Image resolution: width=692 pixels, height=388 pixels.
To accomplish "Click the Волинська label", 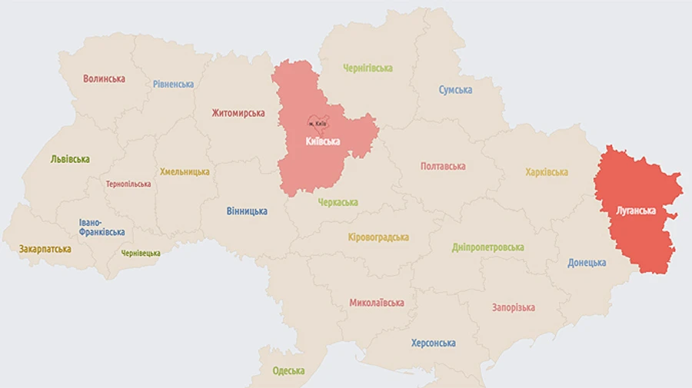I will pos(104,79).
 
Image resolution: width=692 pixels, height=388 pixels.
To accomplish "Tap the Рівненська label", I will pos(173,85).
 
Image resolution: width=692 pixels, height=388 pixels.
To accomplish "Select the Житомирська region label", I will pos(238,114).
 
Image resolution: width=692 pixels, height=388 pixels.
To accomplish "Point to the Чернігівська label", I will pos(368,68).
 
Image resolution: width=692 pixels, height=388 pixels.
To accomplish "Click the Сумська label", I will pos(455,91).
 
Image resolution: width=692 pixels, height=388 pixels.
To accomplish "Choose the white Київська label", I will pos(322,141).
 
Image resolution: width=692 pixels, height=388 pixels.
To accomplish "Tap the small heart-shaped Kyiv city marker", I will pos(318,123).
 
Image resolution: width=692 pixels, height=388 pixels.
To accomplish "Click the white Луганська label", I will pos(635,210).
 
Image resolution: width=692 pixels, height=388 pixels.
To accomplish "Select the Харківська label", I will pos(547,173).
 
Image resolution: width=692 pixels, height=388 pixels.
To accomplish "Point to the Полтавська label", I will pos(443,167).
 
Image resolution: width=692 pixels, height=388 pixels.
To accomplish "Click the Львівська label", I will pos(70,160).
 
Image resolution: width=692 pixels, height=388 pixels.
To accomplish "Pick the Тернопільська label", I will pos(128,184).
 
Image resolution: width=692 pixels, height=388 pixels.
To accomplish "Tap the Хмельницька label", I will pos(185,172).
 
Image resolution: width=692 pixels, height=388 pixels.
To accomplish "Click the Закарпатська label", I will pos(45,250).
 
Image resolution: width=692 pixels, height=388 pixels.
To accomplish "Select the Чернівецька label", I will pos(141,254).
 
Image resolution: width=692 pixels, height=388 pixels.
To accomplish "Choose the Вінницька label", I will pos(247,211).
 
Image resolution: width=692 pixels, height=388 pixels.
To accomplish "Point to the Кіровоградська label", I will pos(378,237).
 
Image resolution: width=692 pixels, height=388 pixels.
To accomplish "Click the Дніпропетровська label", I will pos(488,247).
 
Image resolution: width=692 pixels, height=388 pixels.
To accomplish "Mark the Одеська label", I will pos(288,371).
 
